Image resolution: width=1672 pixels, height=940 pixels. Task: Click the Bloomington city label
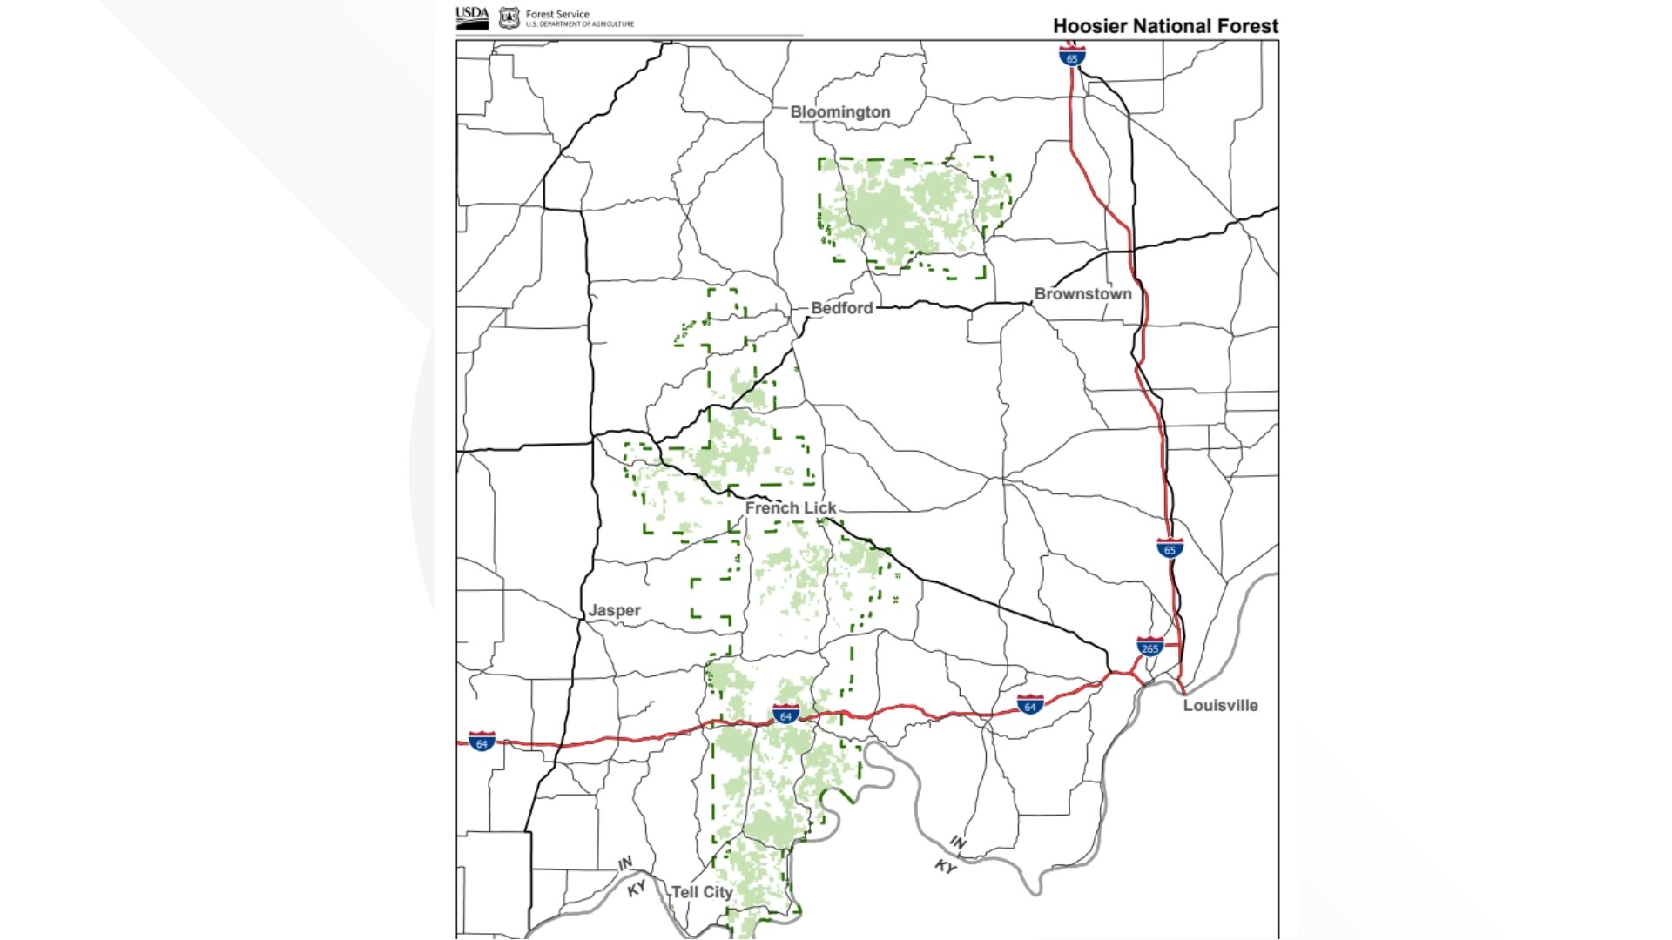pyautogui.click(x=839, y=112)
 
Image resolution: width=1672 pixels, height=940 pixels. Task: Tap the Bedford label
pyautogui.click(x=841, y=308)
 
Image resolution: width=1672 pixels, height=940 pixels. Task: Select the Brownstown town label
pyautogui.click(x=1082, y=294)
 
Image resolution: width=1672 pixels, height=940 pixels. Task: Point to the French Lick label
pyautogui.click(x=790, y=507)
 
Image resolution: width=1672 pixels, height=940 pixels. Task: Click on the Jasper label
pyautogui.click(x=614, y=610)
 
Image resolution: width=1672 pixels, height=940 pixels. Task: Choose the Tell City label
pyautogui.click(x=702, y=892)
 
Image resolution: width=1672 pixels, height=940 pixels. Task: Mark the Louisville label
pyautogui.click(x=1220, y=706)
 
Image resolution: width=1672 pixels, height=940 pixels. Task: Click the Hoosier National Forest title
pyautogui.click(x=1165, y=26)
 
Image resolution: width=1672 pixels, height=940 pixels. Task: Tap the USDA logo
pyautogui.click(x=472, y=18)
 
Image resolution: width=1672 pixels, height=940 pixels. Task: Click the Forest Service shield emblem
pyautogui.click(x=509, y=18)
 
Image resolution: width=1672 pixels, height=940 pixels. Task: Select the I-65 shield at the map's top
pyautogui.click(x=1072, y=57)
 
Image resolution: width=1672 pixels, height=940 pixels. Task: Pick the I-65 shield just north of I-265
pyautogui.click(x=1170, y=548)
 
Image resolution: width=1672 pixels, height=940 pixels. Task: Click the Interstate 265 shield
pyautogui.click(x=1149, y=648)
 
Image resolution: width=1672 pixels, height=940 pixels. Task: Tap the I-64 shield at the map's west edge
pyautogui.click(x=482, y=742)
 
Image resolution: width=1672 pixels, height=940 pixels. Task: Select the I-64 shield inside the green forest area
pyautogui.click(x=785, y=715)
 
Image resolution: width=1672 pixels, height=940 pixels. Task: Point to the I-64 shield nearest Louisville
pyautogui.click(x=1030, y=705)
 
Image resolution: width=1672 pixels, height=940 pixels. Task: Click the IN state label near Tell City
pyautogui.click(x=625, y=863)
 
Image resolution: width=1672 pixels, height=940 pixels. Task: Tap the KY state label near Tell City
pyautogui.click(x=637, y=888)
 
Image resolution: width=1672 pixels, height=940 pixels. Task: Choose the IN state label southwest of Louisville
pyautogui.click(x=957, y=842)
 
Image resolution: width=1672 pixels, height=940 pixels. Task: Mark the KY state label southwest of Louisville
pyautogui.click(x=945, y=866)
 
